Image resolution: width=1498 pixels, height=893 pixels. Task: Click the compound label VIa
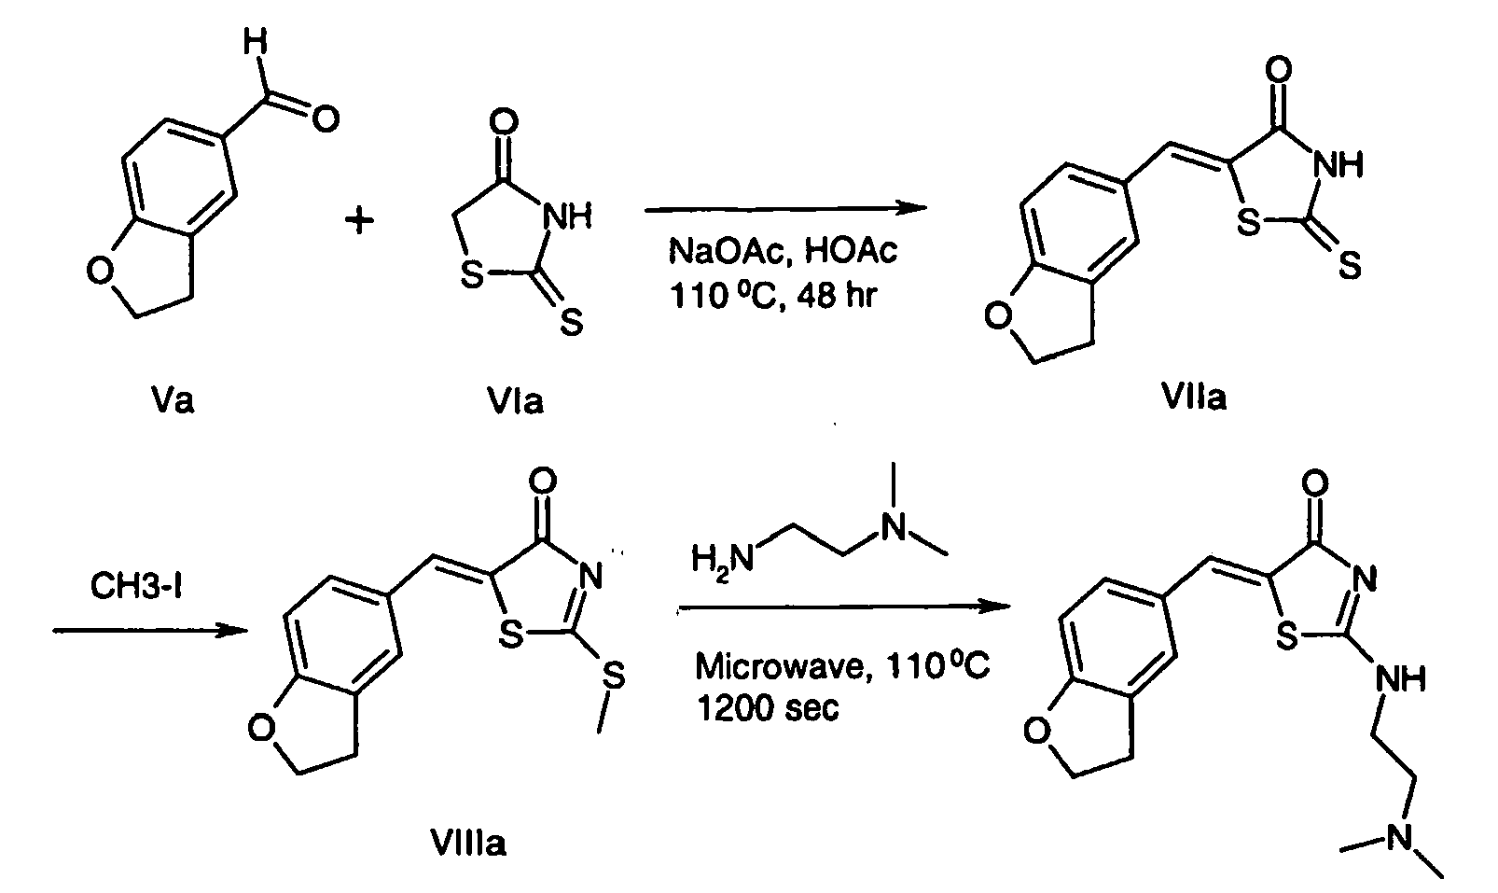point(514,400)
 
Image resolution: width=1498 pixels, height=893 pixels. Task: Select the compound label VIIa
point(1195,397)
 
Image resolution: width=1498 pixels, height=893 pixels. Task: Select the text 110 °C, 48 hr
point(772,297)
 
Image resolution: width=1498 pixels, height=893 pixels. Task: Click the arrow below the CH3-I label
point(149,632)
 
